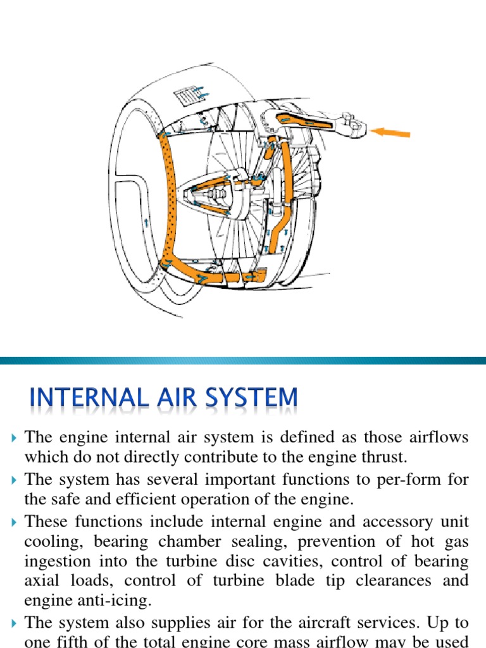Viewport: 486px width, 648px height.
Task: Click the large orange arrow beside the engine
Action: [390, 132]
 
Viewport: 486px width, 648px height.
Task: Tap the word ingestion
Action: [57, 561]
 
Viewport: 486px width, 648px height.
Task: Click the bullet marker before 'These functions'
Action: [15, 522]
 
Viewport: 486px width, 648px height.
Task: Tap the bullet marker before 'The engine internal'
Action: [15, 438]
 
